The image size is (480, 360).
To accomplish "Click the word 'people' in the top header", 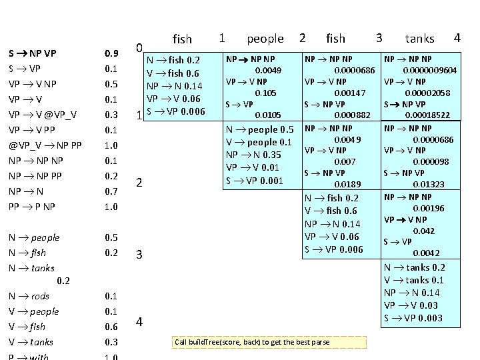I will [265, 39].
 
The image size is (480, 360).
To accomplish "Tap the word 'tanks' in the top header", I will [419, 39].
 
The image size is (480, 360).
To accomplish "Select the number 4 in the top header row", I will [457, 37].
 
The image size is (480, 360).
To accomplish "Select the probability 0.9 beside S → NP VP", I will [111, 53].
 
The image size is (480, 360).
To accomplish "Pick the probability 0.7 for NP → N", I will [111, 191].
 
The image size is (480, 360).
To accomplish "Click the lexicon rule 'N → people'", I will [35, 237].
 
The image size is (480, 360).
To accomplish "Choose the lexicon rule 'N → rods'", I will [30, 296].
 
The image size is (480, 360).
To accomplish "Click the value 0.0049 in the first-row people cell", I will [269, 70].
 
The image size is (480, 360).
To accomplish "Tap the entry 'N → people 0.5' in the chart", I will [260, 129].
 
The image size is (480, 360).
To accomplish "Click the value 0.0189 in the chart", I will [347, 184].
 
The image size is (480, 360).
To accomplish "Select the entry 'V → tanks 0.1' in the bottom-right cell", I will [414, 280].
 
